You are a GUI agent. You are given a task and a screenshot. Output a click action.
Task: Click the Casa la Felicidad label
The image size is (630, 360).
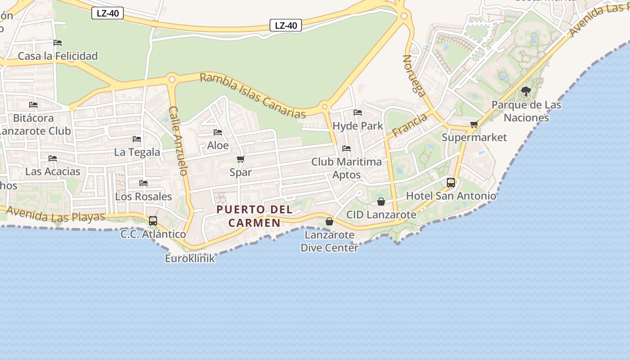(58, 56)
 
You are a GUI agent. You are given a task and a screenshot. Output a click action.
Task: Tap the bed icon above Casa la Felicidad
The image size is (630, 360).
(58, 43)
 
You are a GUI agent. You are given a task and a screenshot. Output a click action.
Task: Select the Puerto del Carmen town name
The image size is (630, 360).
(254, 216)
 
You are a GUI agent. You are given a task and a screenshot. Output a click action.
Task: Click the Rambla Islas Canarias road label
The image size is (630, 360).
(253, 95)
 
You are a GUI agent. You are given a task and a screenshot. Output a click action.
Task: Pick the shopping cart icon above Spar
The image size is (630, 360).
(241, 159)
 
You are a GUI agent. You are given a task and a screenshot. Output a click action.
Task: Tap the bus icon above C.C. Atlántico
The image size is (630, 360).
(153, 221)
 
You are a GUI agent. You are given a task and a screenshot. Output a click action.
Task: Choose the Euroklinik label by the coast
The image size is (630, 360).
(190, 259)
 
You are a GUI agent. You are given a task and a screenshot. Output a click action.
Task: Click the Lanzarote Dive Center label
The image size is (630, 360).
(329, 241)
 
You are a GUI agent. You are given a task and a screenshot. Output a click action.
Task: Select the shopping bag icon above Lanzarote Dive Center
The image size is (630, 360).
(329, 221)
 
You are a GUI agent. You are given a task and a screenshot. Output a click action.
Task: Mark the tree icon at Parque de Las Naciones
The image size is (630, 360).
(526, 92)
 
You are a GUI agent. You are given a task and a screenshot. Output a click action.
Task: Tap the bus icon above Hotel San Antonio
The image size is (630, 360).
(451, 183)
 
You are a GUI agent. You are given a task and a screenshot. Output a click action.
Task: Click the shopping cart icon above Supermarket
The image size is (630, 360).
(474, 125)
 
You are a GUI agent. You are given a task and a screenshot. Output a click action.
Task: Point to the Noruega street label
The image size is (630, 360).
(414, 76)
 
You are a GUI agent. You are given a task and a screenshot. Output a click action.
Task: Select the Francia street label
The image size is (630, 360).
(409, 126)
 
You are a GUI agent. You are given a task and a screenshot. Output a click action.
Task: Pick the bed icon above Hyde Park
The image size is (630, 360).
(358, 112)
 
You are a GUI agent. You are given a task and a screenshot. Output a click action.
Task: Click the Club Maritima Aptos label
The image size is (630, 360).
(346, 168)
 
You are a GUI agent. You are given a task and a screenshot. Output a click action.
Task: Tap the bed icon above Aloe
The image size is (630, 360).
(218, 132)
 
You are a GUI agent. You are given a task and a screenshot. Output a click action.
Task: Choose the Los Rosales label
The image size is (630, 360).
(144, 197)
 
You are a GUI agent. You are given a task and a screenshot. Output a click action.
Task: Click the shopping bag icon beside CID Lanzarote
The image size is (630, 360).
(381, 201)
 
